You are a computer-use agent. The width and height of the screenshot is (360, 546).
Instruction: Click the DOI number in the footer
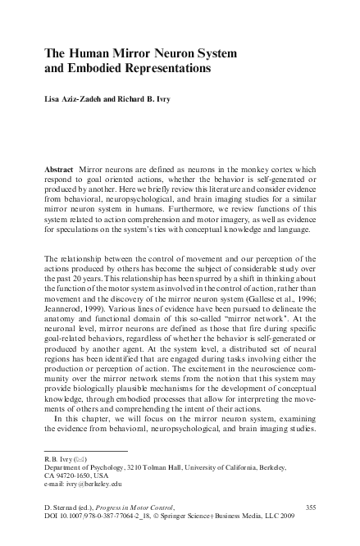click(107, 518)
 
